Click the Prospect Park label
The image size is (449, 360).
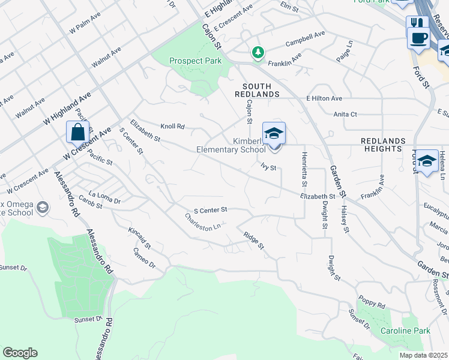pos(195,61)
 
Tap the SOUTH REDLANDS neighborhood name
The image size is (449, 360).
pos(261,90)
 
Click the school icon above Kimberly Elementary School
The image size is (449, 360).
pos(274,134)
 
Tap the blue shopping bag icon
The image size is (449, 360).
pos(78,132)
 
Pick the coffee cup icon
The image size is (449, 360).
pos(418,38)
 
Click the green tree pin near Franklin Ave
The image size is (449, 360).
pos(258,53)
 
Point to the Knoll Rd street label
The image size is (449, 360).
pos(172,127)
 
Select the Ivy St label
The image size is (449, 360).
pos(268,167)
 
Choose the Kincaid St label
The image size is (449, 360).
pos(139,238)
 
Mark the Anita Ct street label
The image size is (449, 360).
pos(345,113)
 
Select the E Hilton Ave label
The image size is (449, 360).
pos(324,98)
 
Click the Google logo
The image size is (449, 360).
pos(20,353)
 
